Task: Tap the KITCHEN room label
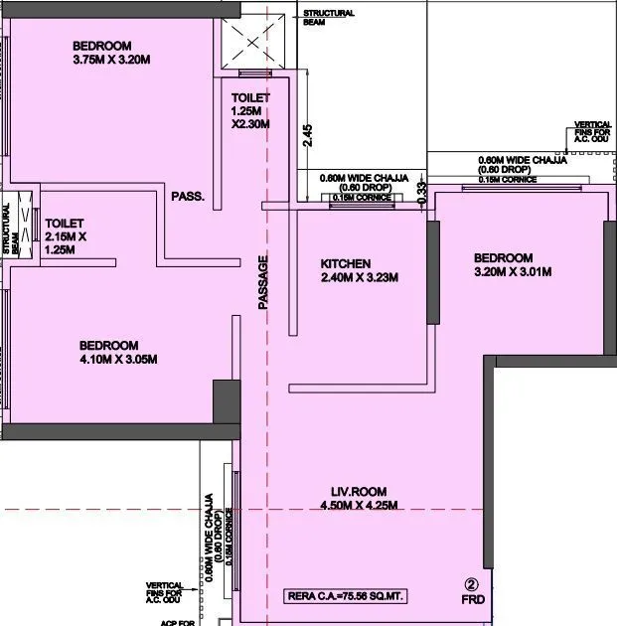(x=345, y=263)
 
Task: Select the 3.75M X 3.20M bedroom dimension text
(x=110, y=60)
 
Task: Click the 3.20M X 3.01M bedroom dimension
(x=513, y=271)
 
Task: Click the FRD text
(x=472, y=601)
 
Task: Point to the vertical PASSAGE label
(x=263, y=283)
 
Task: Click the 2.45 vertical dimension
(x=308, y=135)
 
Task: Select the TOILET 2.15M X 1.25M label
(x=67, y=236)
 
